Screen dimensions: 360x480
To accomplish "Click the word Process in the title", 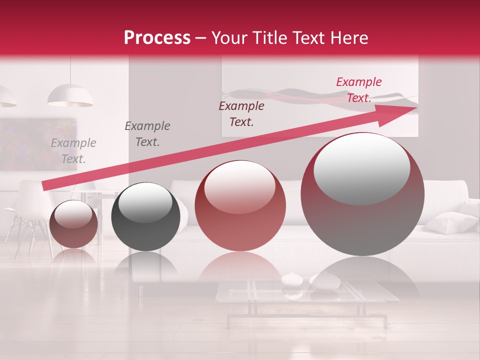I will [157, 37].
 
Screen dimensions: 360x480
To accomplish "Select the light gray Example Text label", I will [73, 151].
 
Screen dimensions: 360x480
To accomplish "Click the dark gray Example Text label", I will [147, 134].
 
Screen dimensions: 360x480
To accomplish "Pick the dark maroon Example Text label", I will [241, 113].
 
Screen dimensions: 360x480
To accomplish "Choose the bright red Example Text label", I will [358, 90].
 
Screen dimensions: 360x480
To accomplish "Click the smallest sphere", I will [74, 224].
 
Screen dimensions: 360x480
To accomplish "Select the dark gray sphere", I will [145, 216].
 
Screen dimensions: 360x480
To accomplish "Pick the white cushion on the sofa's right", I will [450, 222].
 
